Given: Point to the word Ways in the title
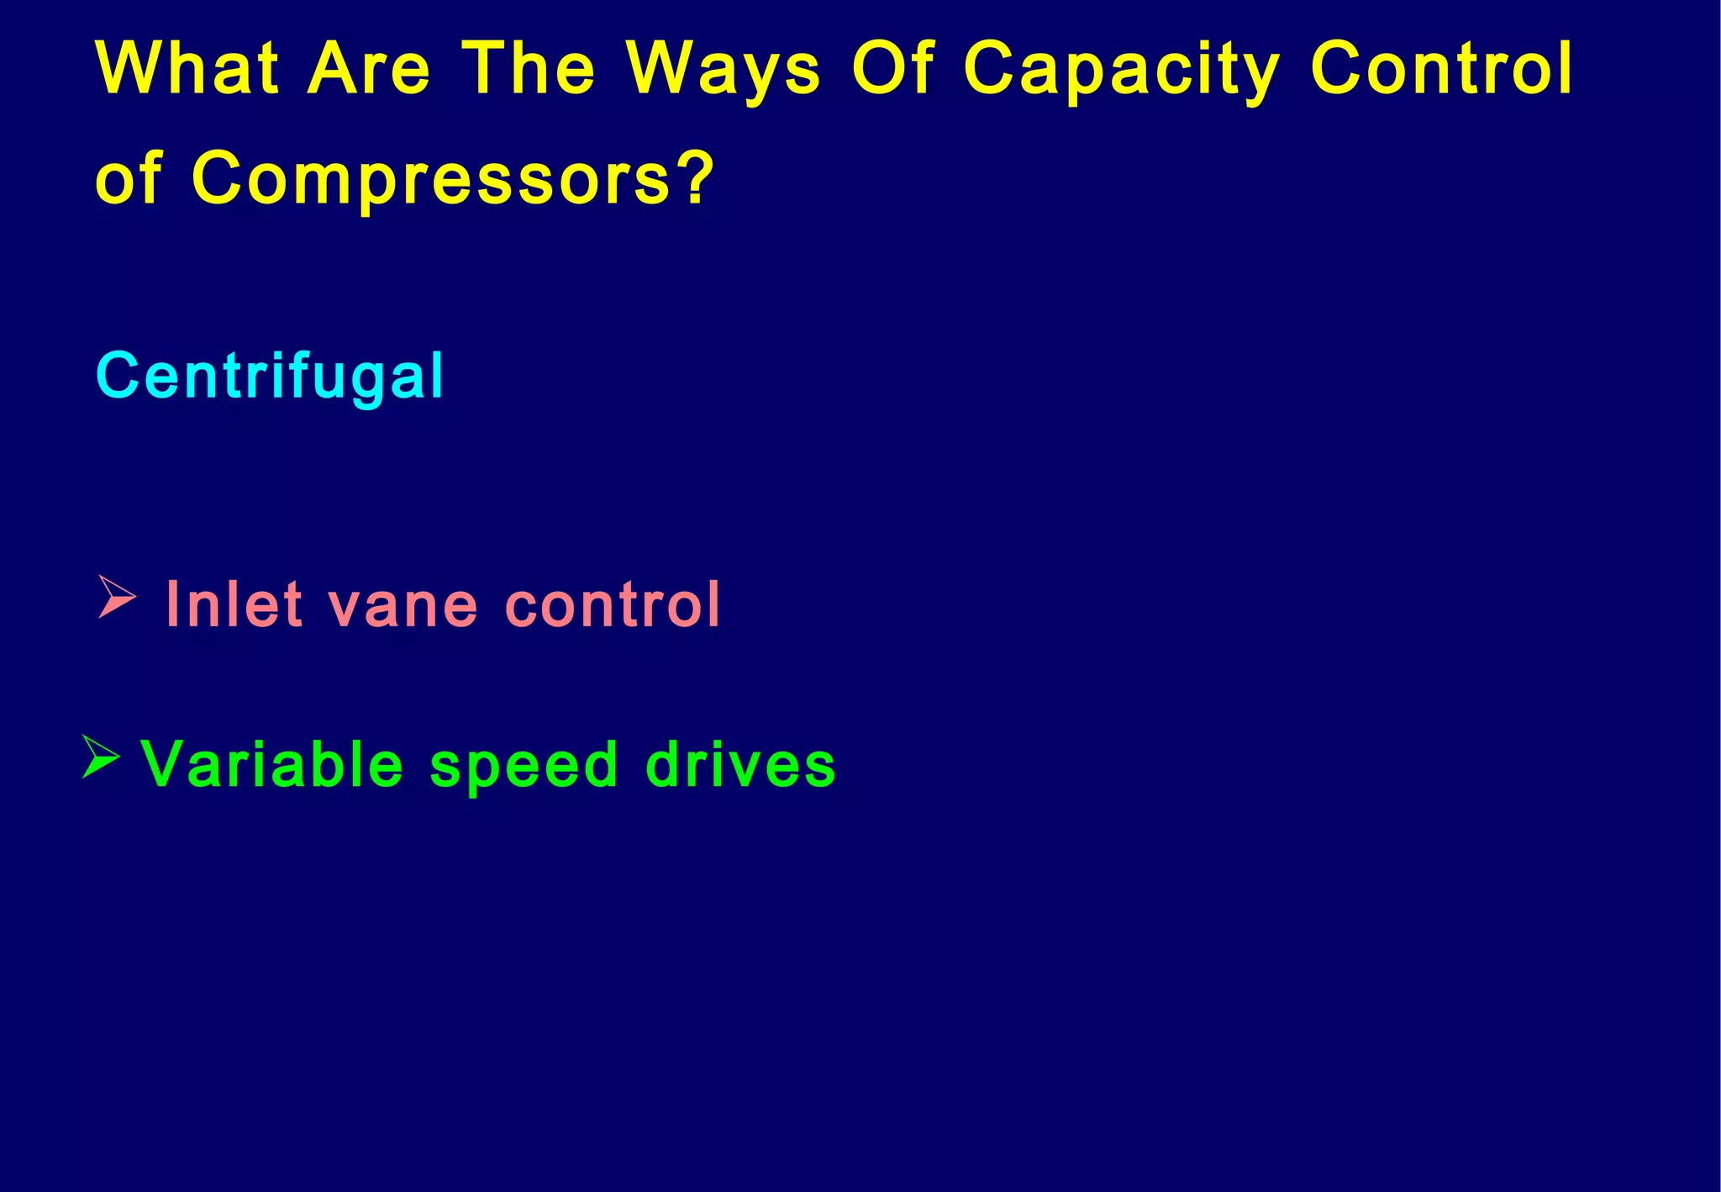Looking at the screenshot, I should pos(724,71).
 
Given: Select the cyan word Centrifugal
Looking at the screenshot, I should pos(269,377).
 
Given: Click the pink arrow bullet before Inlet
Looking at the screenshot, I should pos(117,597).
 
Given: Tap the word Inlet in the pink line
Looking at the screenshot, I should pos(234,604).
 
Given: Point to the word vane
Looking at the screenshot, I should pos(403,607).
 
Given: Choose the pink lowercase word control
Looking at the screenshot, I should pos(613,604).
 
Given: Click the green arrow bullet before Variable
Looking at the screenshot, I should pos(101,757).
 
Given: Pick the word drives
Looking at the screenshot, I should pos(740,765).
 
